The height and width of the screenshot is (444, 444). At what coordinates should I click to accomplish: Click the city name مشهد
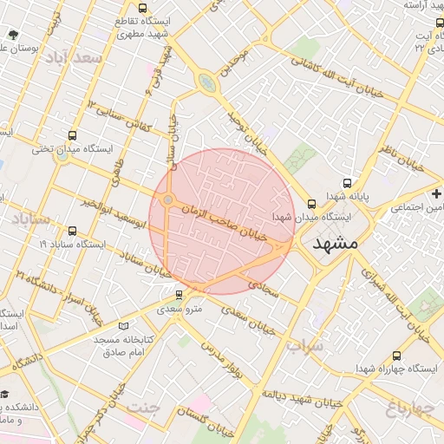click(x=332, y=244)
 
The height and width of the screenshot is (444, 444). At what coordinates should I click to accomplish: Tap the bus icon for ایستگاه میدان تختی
click(x=71, y=135)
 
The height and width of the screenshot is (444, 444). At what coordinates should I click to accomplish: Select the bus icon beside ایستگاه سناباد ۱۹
click(x=71, y=232)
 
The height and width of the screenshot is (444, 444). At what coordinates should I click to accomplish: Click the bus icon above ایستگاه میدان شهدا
click(x=311, y=204)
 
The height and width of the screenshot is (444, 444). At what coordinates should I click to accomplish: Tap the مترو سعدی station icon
click(x=180, y=295)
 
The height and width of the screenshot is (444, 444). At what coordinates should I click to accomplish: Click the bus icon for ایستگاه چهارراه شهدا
click(x=396, y=356)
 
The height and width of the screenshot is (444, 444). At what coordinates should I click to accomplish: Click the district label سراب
click(x=304, y=346)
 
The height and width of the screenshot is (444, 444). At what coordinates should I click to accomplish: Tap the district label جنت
click(x=144, y=407)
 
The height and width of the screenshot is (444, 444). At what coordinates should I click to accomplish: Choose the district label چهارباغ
click(x=408, y=407)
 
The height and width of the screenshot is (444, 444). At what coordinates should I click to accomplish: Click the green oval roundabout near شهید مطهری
click(x=206, y=83)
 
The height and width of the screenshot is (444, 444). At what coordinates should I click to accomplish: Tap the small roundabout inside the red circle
click(x=167, y=201)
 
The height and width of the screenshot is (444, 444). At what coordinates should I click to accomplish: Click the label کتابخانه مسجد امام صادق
click(x=123, y=346)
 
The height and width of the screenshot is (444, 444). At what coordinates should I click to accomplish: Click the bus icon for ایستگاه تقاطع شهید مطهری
click(x=119, y=20)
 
